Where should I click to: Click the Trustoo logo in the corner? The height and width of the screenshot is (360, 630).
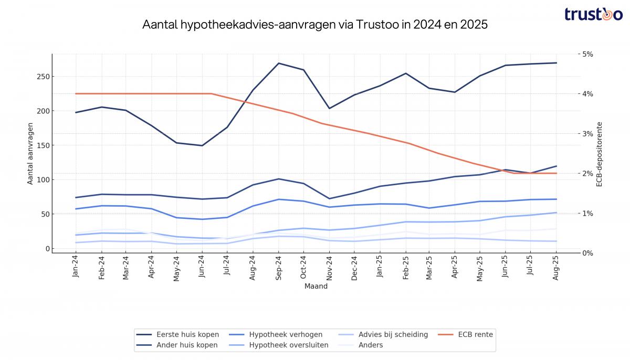593,14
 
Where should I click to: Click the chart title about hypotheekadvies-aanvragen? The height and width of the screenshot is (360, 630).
315,25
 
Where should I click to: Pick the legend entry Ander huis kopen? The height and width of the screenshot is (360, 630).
187,345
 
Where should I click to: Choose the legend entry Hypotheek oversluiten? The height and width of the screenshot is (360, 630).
289,345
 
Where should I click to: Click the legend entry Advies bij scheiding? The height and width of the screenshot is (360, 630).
393,334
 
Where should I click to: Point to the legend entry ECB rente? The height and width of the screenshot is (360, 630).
475,334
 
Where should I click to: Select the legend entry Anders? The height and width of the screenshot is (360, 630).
371,345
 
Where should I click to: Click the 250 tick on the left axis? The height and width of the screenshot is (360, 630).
43,77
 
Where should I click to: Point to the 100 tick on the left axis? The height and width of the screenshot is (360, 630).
43,180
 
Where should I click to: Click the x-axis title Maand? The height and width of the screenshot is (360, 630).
316,287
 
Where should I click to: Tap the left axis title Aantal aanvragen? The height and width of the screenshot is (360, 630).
30,153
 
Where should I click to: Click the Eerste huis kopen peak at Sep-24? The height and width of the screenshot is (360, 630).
278,63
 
